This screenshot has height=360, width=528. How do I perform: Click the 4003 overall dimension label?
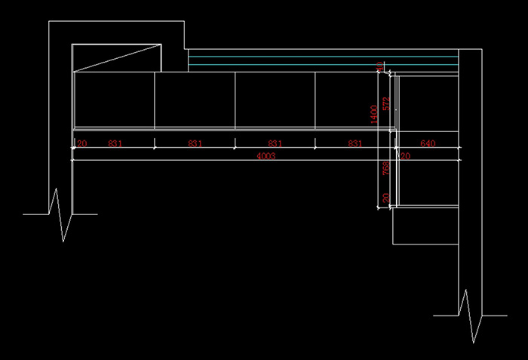coord(266,156)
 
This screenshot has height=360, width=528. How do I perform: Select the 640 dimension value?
coord(428,143)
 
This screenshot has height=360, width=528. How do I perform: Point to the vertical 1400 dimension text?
coord(373,113)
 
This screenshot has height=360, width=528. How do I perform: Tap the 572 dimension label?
coord(385,104)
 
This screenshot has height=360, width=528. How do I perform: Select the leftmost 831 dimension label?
coord(115,143)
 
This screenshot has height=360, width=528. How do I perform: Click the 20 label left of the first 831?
coord(81,143)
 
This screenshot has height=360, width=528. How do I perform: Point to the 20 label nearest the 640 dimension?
coord(405,156)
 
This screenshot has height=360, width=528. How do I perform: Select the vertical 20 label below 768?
coord(385,198)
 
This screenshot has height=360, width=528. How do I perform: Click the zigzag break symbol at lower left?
coord(60,215)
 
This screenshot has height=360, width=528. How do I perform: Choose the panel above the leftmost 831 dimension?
coord(114,100)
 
